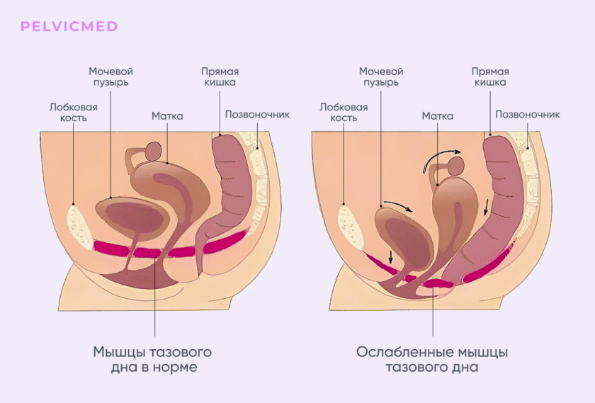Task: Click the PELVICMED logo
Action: [69, 27]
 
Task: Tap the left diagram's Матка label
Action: [167, 115]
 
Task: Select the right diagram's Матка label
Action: [438, 115]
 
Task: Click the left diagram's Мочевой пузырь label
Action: [110, 76]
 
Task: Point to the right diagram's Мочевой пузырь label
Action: [381, 76]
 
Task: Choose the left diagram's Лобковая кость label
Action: [73, 113]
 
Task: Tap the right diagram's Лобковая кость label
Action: [344, 113]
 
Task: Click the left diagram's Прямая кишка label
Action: [220, 76]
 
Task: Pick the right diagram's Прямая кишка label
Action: [490, 76]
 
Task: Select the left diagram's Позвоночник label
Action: [257, 114]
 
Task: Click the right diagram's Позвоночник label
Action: [528, 114]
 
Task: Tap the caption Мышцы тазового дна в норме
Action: [152, 359]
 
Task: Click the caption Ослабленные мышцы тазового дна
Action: [432, 359]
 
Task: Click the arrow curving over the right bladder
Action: [397, 205]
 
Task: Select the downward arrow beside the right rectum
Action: [486, 208]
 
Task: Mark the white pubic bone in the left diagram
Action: [79, 227]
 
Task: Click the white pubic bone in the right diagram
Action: [351, 227]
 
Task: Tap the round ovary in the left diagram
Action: [154, 152]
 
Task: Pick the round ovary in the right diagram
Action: [455, 166]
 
